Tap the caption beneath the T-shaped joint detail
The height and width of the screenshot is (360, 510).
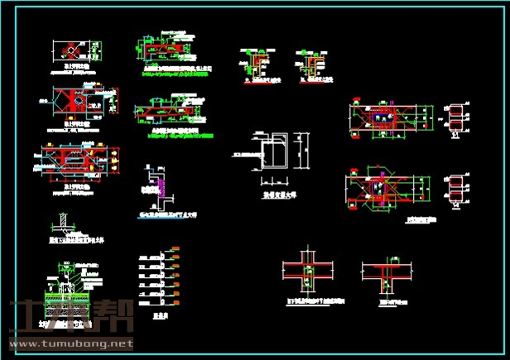tap(389, 302)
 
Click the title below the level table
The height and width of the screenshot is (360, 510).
tap(162, 316)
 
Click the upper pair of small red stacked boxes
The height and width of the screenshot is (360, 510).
tap(455, 118)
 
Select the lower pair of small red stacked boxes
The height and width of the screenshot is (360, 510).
tap(455, 188)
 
